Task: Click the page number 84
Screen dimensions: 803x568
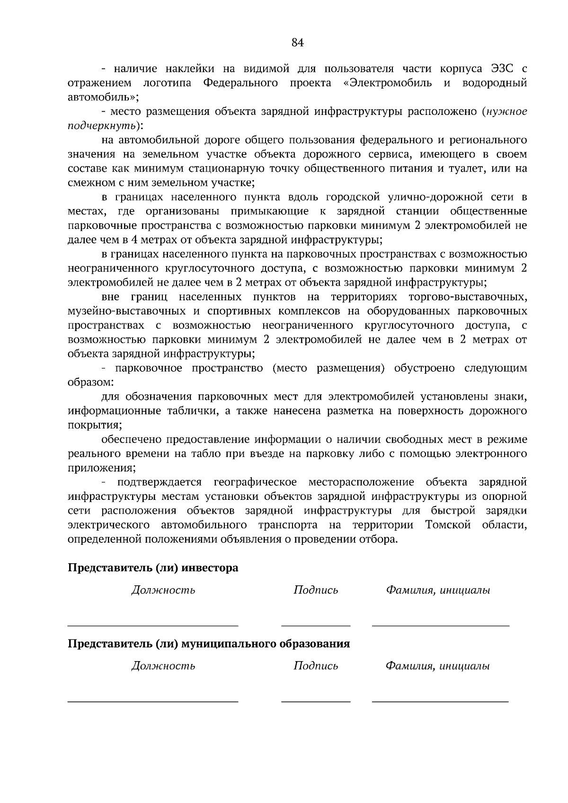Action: pos(297,43)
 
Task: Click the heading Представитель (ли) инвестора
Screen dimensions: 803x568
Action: pos(153,567)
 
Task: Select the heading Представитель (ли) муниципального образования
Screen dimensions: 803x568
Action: pos(209,644)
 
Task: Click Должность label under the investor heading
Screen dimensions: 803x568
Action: pos(163,590)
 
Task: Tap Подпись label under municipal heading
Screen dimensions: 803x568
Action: pos(316,666)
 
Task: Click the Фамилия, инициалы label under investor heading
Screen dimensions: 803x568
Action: pos(438,590)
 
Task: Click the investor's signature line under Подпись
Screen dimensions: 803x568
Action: pos(316,625)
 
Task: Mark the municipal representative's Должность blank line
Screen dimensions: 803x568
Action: pos(153,702)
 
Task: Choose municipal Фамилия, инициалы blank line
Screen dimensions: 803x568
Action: pos(440,702)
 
